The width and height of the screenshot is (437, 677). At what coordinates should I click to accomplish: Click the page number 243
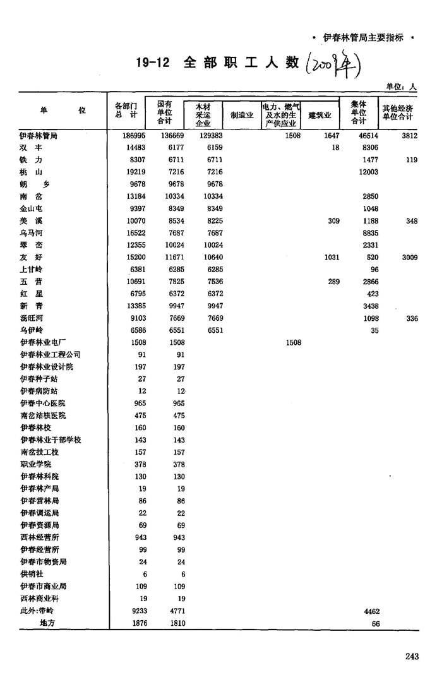412,657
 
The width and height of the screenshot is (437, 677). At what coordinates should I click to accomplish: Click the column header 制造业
242,115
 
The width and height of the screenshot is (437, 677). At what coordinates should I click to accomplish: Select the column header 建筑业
320,115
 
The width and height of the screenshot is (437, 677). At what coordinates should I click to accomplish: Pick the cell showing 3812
407,136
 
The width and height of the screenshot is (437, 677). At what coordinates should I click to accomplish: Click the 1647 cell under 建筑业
331,136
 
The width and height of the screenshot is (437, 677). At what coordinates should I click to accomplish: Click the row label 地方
47,623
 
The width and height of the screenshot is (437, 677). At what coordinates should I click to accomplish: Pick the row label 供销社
31,574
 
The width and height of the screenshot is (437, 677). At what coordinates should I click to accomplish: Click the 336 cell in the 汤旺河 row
412,318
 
